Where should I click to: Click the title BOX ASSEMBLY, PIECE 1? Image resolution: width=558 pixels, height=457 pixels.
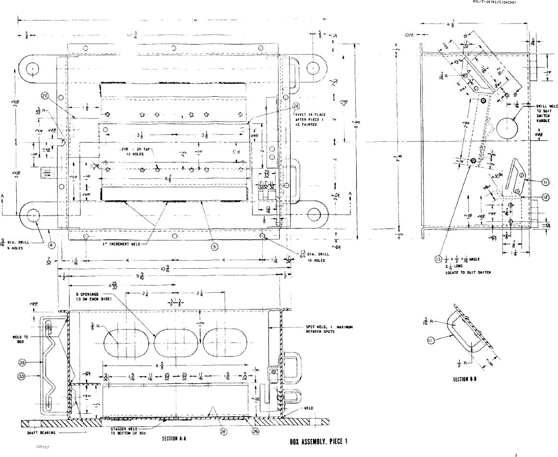(317, 442)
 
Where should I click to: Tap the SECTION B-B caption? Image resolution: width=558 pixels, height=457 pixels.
(464, 379)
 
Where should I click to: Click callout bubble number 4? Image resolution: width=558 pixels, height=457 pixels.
(51, 245)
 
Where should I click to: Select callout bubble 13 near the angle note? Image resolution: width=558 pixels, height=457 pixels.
(438, 260)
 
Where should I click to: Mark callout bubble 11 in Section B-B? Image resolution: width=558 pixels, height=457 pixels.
(431, 341)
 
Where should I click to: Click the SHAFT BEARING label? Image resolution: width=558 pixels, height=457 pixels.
(41, 433)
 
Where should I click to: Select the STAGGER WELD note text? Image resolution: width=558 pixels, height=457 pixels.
(126, 431)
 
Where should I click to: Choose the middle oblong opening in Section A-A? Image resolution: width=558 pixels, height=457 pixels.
(174, 343)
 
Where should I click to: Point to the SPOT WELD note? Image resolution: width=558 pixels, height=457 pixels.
(329, 330)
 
